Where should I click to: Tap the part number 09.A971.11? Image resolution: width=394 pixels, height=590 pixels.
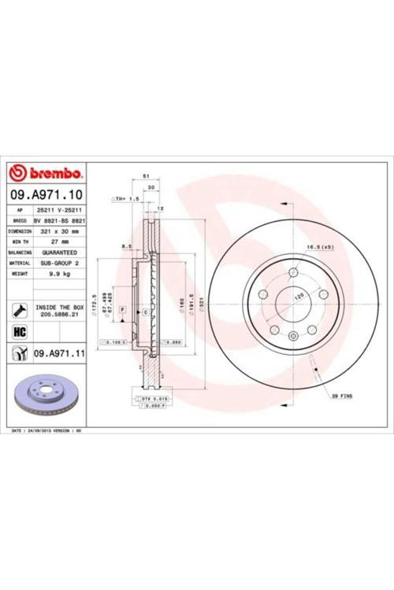tap(58, 355)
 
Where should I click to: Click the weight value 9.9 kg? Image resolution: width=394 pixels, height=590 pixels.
tap(61, 274)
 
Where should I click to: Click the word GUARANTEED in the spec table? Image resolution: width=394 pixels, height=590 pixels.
tap(61, 253)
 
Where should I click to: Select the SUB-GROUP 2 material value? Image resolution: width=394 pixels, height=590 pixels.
tap(61, 263)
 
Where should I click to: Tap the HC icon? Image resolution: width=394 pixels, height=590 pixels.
tap(20, 332)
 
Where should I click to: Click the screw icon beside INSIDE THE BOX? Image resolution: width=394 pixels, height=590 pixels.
tap(20, 308)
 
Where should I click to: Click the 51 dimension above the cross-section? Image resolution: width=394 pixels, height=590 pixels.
tap(146, 176)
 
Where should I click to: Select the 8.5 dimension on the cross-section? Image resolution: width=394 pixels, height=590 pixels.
tap(126, 247)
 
